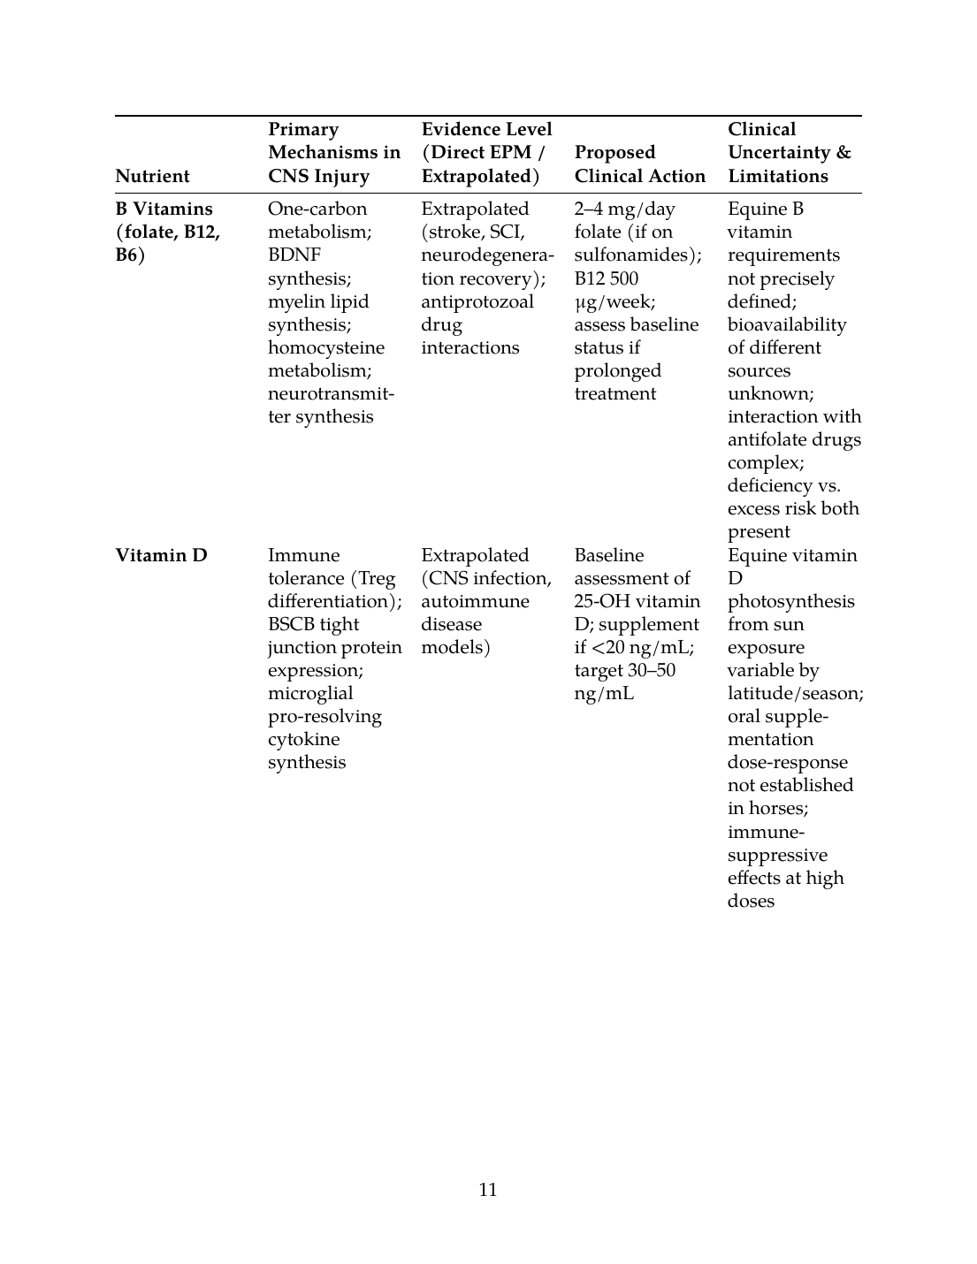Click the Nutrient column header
pyautogui.click(x=152, y=176)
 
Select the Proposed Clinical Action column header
pyautogui.click(x=639, y=164)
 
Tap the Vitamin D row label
pyautogui.click(x=161, y=555)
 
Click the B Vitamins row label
pyautogui.click(x=167, y=232)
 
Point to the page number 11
pyautogui.click(x=488, y=1190)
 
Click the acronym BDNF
pyautogui.click(x=294, y=255)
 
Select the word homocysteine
pyautogui.click(x=326, y=347)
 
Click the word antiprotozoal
pyautogui.click(x=477, y=301)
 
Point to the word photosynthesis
pyautogui.click(x=790, y=601)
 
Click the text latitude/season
pyautogui.click(x=795, y=693)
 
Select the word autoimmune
pyautogui.click(x=475, y=601)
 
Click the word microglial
pyautogui.click(x=310, y=693)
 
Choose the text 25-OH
pyautogui.click(x=600, y=601)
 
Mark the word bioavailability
pyautogui.click(x=786, y=324)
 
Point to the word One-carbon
pyautogui.click(x=317, y=209)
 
